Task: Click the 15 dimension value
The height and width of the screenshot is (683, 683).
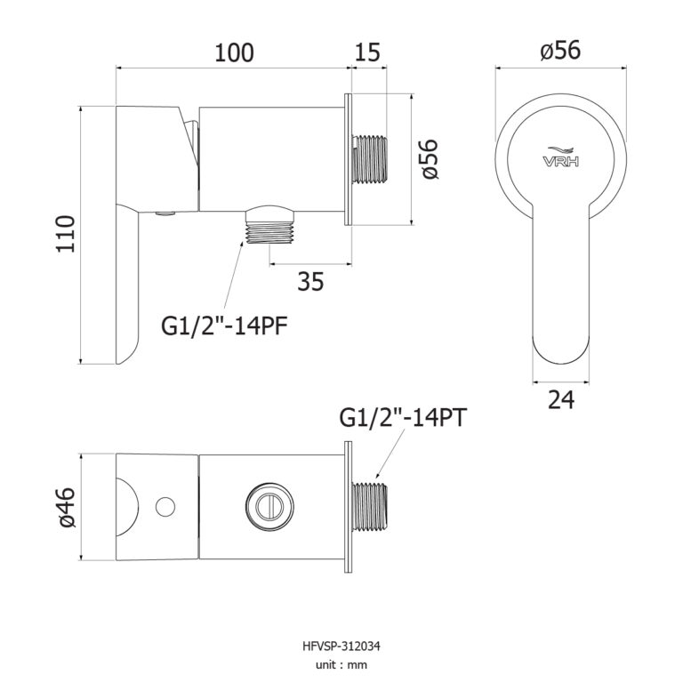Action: pos(367,52)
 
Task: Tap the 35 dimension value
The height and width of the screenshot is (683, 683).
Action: pos(309,282)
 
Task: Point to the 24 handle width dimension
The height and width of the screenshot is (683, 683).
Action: pos(560,401)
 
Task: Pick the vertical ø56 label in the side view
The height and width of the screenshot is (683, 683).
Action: pos(430,160)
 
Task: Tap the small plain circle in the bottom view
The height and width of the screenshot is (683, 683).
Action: pos(164,506)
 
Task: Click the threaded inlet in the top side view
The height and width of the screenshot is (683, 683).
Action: pos(372,159)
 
